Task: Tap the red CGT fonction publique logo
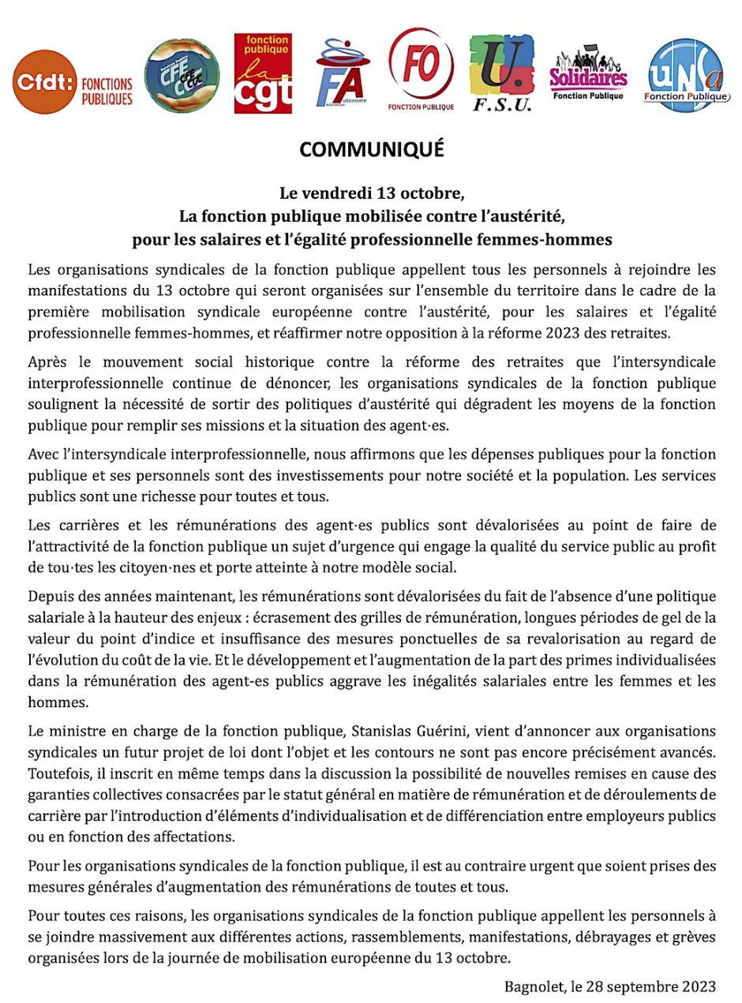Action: pos(262,73)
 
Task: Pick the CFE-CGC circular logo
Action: pos(182,76)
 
